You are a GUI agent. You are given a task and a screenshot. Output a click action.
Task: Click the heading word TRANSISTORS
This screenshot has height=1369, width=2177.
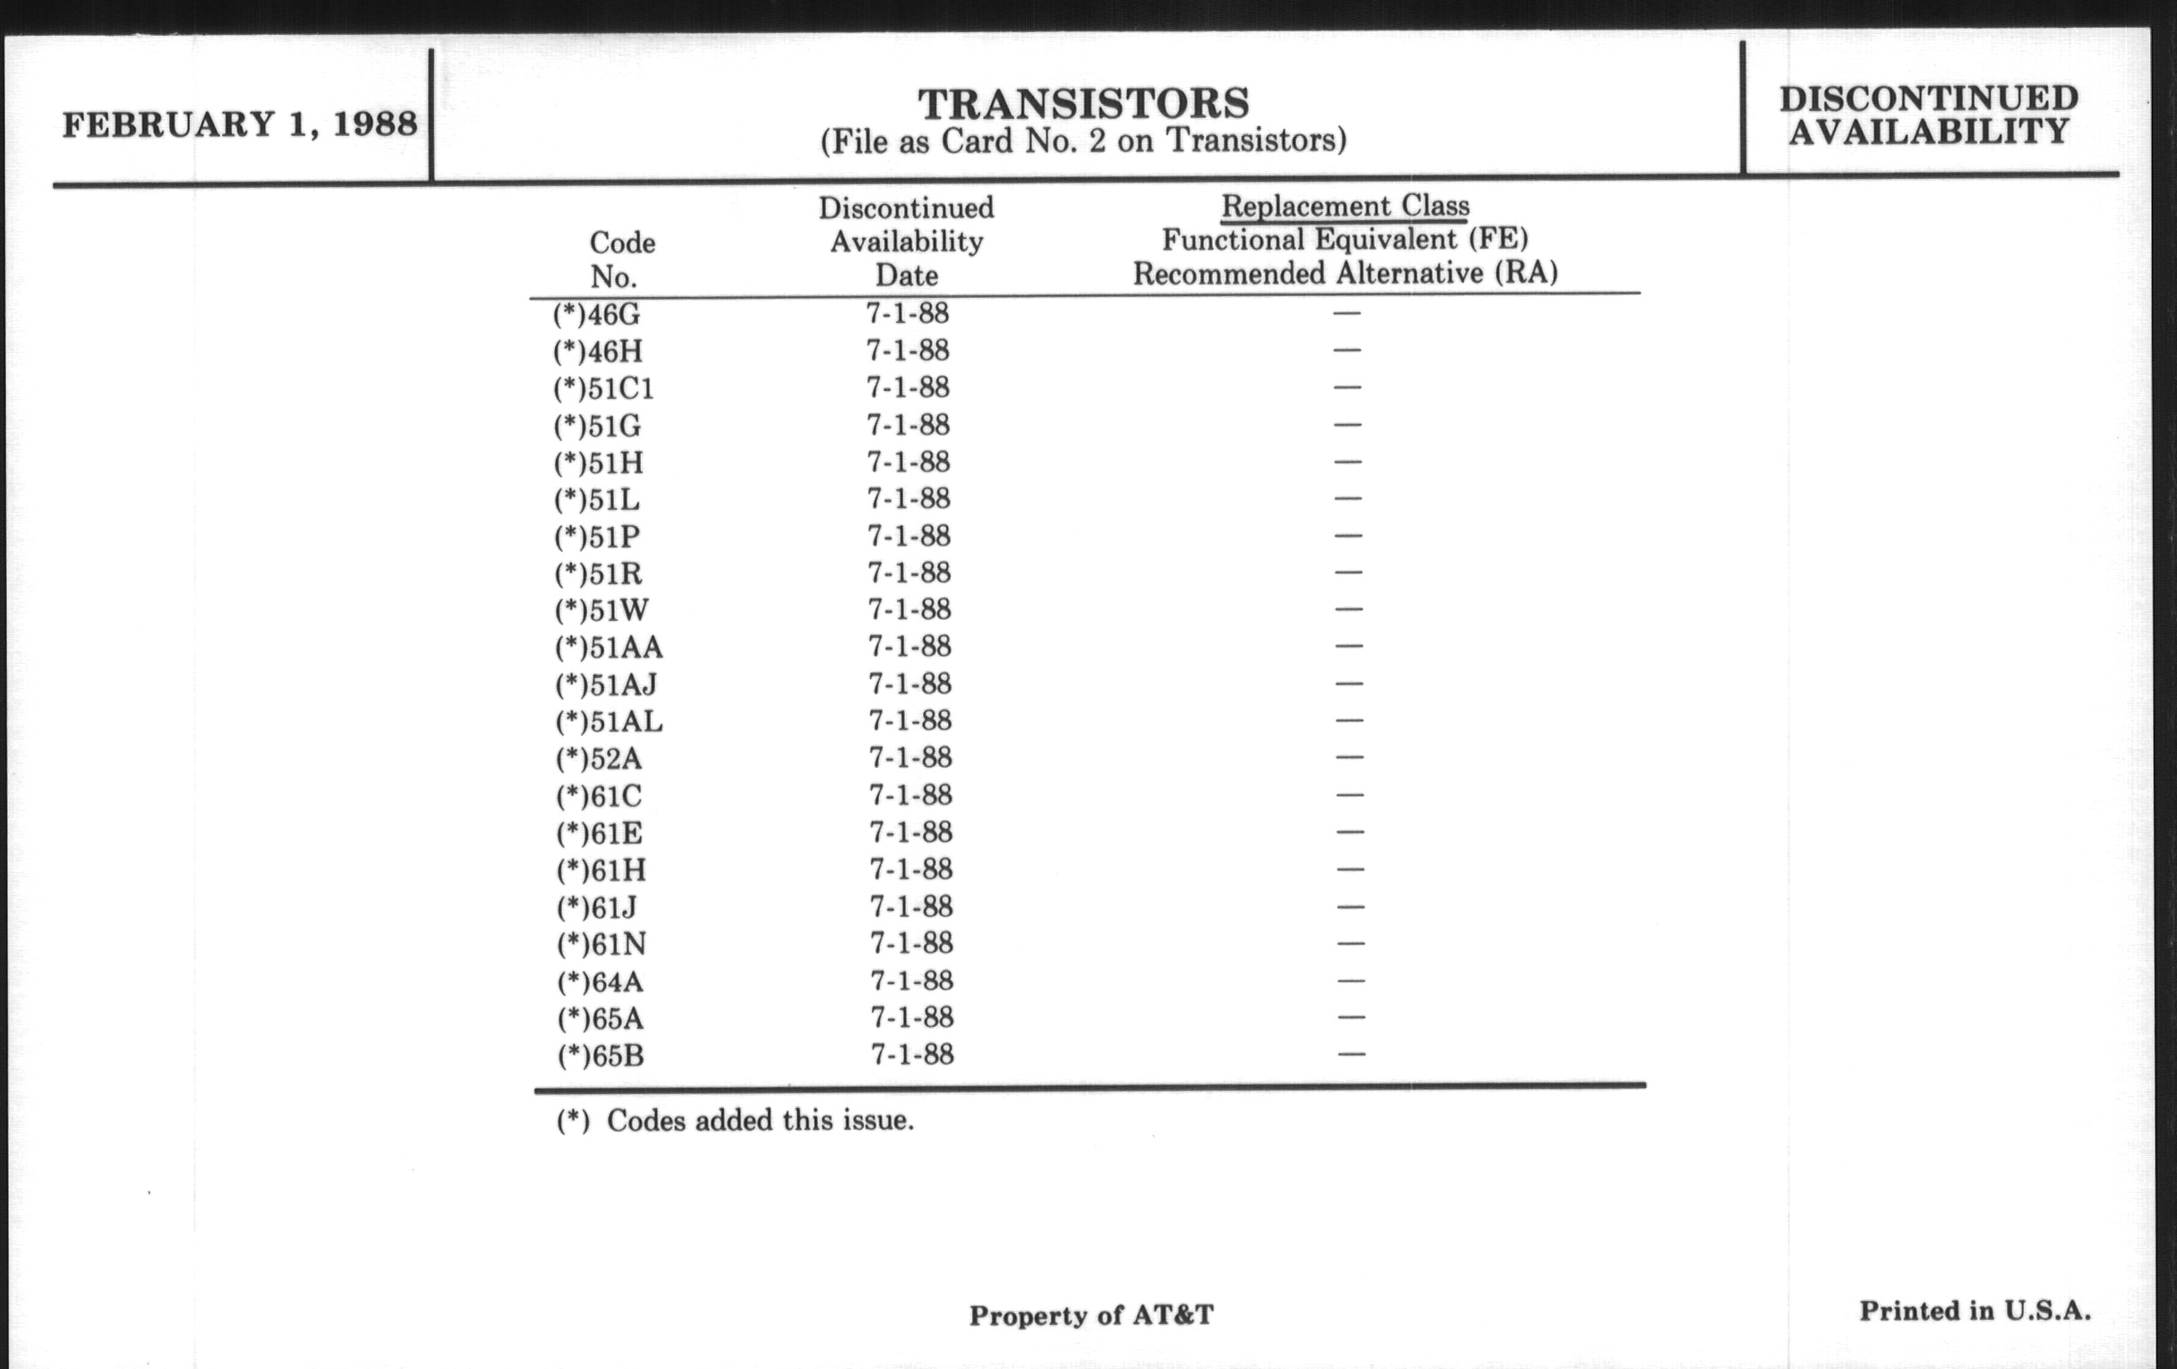(x=1083, y=104)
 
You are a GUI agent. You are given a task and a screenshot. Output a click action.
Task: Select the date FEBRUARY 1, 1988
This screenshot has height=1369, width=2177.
(x=240, y=124)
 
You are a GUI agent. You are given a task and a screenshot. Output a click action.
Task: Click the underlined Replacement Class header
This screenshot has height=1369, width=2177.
(x=1345, y=206)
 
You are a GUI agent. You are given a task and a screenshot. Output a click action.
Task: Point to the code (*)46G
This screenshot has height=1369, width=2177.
(x=597, y=314)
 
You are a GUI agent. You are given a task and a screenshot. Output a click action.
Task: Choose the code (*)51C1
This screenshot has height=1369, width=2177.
(x=603, y=388)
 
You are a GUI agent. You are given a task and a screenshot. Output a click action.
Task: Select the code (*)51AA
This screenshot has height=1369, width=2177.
(x=609, y=647)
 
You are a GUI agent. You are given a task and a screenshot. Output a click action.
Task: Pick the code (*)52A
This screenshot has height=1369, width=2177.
(x=599, y=758)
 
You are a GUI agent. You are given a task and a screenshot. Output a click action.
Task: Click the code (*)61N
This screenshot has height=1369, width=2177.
(x=602, y=944)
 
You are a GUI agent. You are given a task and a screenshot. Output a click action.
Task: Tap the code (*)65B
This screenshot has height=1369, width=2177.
(x=601, y=1056)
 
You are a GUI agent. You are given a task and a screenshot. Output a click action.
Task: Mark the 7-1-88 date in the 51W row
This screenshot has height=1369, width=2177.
(x=909, y=610)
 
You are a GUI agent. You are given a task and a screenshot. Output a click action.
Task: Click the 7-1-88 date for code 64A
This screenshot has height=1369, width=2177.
(x=911, y=981)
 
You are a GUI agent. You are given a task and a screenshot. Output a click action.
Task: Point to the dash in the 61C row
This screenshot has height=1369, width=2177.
(x=1349, y=795)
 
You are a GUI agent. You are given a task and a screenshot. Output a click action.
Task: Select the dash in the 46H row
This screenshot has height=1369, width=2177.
(x=1346, y=351)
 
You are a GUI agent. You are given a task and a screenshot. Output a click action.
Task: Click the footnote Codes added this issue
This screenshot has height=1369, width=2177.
(x=734, y=1121)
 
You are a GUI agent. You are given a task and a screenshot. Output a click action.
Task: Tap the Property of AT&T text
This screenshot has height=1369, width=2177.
(x=1091, y=1314)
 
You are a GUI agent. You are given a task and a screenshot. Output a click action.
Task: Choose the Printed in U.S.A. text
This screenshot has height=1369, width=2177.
(x=1975, y=1310)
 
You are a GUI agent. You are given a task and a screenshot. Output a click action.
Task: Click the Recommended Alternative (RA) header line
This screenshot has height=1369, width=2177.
(x=1345, y=273)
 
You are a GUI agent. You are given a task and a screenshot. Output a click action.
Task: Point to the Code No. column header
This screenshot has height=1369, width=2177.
(x=622, y=259)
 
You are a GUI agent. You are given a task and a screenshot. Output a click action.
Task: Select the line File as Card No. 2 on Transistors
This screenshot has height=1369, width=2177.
(x=1083, y=141)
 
